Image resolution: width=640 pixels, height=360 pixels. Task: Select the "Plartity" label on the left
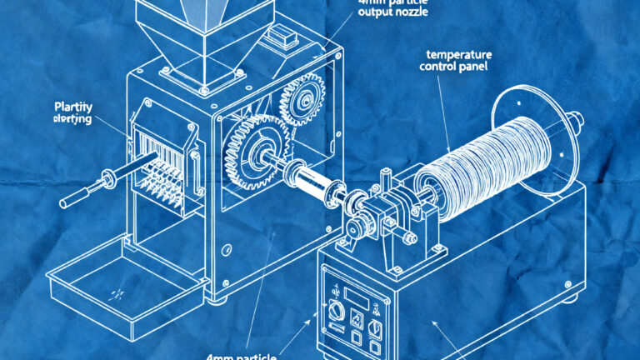pos(73,107)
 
